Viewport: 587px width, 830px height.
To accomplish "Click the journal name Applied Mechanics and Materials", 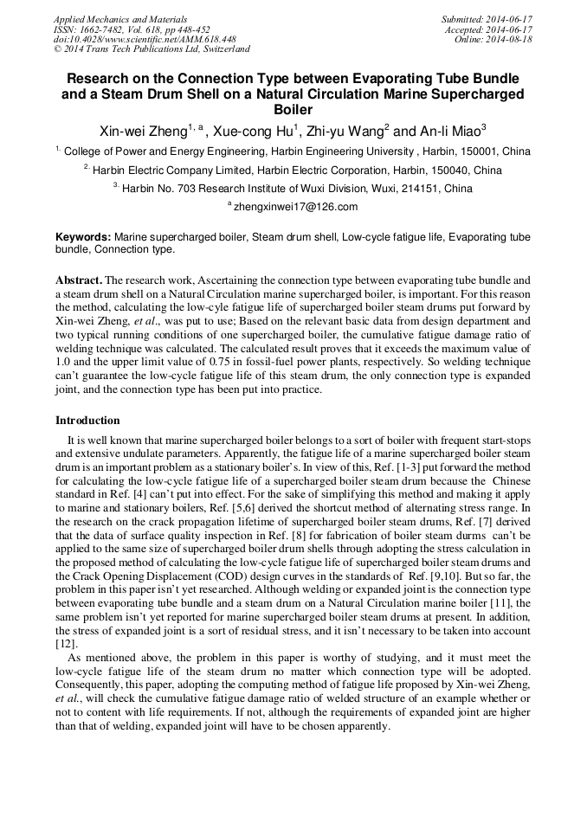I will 119,19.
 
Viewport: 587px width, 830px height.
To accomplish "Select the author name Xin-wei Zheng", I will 143,132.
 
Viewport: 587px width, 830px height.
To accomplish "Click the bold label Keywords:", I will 83,236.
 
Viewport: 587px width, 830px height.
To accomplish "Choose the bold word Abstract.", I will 79,281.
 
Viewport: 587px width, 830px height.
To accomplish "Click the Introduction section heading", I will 87,421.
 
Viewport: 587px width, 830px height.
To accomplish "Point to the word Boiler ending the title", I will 293,110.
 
